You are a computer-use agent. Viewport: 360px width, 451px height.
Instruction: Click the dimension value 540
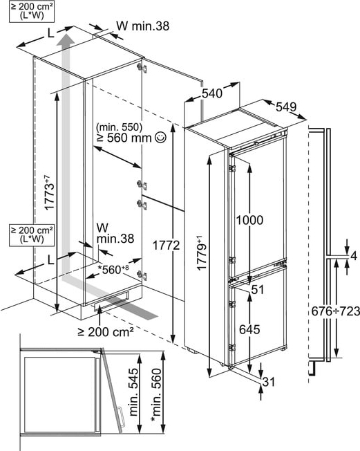(212, 93)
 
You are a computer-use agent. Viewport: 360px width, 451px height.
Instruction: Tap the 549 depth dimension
(286, 107)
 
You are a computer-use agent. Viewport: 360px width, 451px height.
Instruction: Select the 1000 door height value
(249, 220)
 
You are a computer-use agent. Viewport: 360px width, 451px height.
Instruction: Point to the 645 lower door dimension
(249, 329)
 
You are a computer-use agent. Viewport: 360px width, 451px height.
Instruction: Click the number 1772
(166, 246)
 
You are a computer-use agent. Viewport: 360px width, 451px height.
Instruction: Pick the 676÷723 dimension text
(336, 311)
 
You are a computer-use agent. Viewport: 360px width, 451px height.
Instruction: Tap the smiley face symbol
(160, 138)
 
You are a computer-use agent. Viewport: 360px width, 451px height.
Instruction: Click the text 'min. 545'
(134, 392)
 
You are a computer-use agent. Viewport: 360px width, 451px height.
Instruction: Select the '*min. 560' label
(157, 396)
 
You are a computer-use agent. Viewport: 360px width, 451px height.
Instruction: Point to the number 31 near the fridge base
(269, 383)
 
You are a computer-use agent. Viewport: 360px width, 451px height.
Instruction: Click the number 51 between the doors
(258, 290)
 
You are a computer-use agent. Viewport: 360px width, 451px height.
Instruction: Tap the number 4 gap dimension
(354, 256)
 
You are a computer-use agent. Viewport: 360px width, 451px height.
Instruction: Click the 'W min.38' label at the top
(143, 26)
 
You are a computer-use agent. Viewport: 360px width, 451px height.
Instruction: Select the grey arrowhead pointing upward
(66, 39)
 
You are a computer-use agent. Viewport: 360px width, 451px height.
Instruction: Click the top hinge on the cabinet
(142, 68)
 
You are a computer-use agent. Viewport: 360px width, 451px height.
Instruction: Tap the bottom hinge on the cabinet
(142, 275)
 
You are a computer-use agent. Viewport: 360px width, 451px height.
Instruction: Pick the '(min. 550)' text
(120, 127)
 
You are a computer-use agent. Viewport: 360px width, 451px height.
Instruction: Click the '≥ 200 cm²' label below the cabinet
(106, 332)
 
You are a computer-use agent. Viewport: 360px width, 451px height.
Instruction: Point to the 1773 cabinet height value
(50, 192)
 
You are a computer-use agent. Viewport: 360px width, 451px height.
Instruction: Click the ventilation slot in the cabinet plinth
(111, 300)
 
